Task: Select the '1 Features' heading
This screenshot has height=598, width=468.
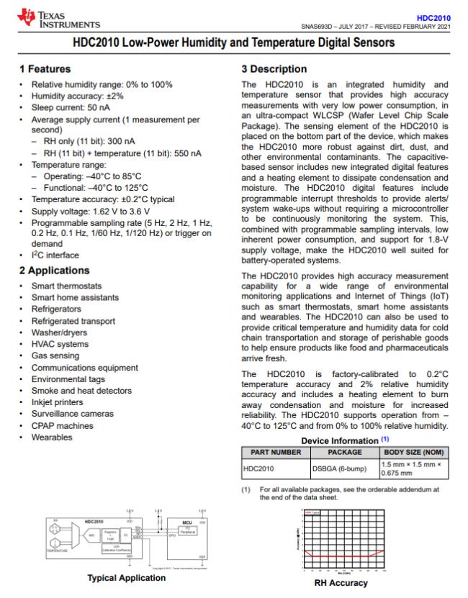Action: click(x=45, y=69)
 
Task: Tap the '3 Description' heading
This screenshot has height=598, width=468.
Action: click(x=274, y=69)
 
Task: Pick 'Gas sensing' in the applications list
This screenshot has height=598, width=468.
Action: click(x=56, y=356)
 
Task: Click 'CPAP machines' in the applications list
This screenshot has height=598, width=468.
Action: click(x=63, y=425)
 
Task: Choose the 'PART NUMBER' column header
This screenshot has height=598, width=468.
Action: click(x=276, y=452)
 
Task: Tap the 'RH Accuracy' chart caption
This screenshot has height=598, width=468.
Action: click(x=343, y=582)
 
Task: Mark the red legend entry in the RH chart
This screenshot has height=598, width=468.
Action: click(x=312, y=512)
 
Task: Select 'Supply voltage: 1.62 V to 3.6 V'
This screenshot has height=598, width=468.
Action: click(x=90, y=211)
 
